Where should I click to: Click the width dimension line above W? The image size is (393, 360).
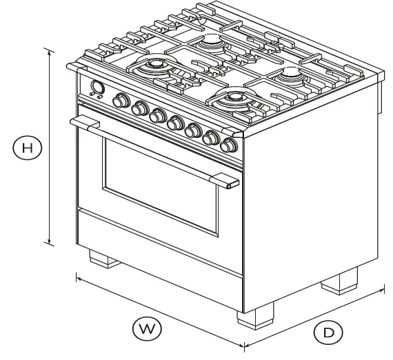pos(159,310)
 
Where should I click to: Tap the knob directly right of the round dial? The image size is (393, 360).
pos(121,101)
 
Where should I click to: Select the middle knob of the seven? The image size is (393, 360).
pos(176,123)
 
